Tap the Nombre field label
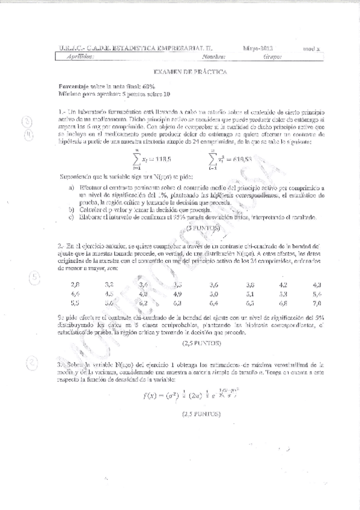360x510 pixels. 214,57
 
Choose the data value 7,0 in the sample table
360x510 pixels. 318,304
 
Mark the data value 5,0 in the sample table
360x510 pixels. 213,294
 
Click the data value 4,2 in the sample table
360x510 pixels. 283,284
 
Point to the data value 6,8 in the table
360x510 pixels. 283,304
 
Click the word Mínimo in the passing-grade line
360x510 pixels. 70,94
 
